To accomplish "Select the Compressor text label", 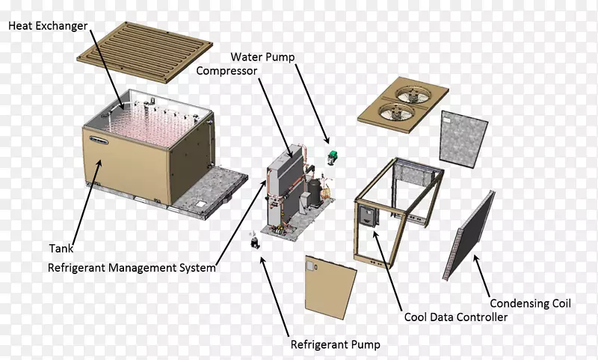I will point(227,72).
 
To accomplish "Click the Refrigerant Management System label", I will point(132,267).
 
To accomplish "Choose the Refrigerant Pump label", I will point(335,344).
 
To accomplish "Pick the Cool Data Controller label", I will point(456,317).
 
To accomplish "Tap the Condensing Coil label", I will point(530,303).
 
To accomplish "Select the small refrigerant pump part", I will point(255,242).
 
